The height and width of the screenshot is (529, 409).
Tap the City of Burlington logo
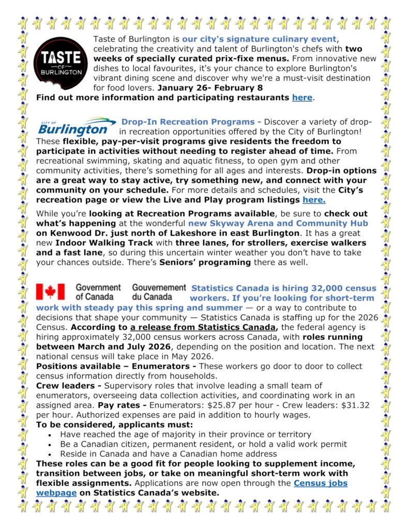pos(77,127)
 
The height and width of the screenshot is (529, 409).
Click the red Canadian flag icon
pos(50,292)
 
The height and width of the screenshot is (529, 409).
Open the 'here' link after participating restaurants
pos(302,97)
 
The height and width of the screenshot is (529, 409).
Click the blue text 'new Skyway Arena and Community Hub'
pos(278,223)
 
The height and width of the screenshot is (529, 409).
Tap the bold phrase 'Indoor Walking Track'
pos(96,243)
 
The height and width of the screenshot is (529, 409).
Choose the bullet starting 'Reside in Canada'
pos(168,454)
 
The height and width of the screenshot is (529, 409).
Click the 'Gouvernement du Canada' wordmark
pos(159,292)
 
